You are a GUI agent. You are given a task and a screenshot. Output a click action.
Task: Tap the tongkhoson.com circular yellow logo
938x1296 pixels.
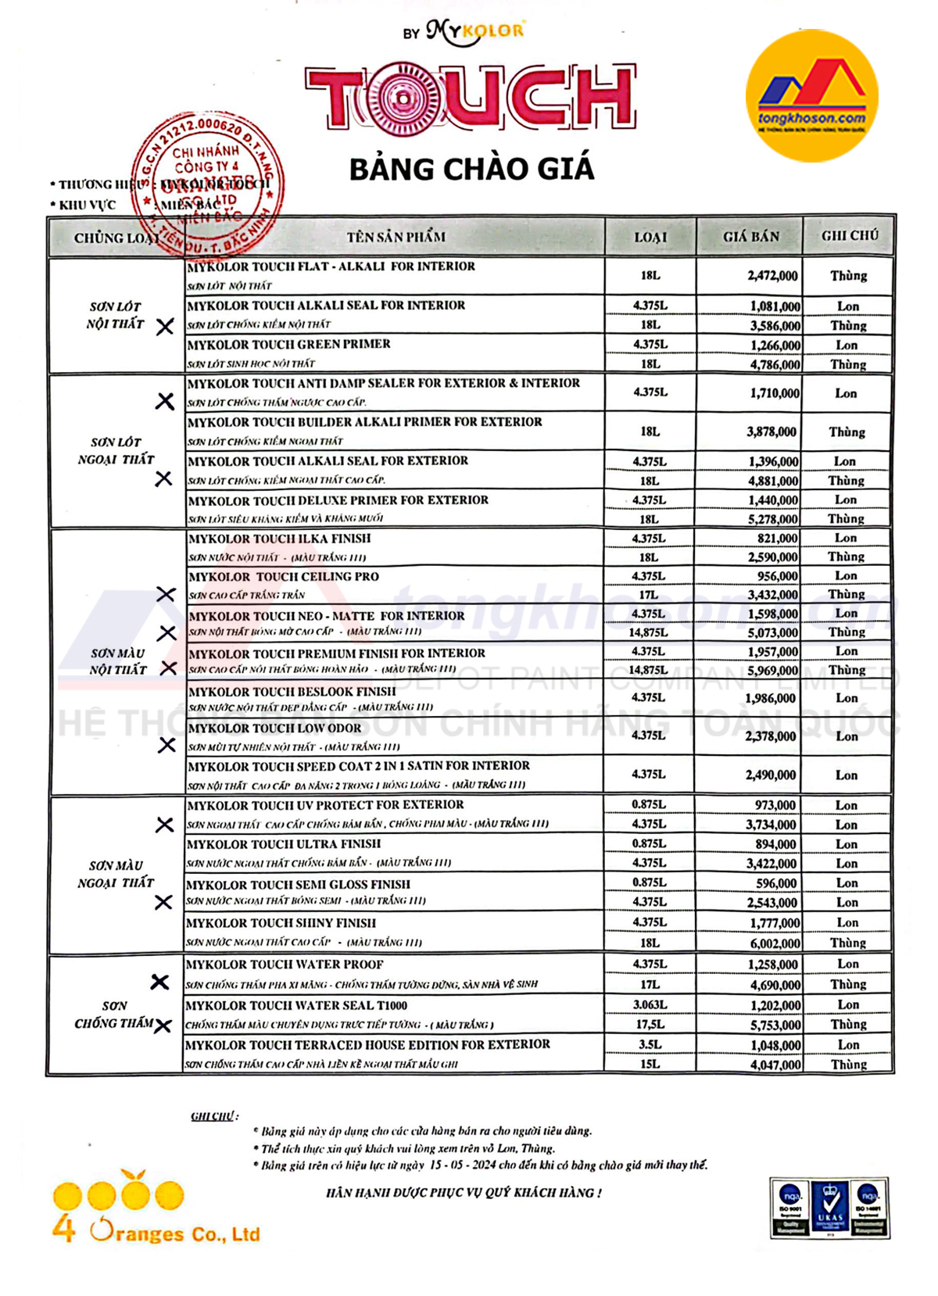811,97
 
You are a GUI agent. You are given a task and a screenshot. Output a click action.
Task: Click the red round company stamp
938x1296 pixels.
206,184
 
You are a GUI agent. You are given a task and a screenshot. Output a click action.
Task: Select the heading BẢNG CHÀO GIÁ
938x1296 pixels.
471,170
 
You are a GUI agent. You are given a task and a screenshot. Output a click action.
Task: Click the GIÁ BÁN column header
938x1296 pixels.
750,236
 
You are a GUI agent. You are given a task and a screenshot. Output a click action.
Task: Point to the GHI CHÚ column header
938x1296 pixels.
850,235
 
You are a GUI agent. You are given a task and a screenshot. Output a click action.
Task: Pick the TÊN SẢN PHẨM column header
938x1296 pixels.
396,236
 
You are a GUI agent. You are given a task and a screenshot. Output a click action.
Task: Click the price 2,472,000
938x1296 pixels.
772,276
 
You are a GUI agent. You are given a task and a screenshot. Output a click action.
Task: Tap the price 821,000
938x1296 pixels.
777,539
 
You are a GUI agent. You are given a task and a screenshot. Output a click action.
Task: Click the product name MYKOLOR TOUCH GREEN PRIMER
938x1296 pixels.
288,344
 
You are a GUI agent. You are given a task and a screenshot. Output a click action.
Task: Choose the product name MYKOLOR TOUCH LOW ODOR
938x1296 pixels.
274,729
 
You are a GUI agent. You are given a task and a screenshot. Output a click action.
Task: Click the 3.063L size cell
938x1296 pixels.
650,1004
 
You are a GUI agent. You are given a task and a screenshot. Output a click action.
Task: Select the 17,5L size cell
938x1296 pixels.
650,1024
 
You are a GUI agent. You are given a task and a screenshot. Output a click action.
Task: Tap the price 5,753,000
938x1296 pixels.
775,1025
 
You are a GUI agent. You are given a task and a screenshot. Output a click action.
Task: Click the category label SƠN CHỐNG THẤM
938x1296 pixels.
115,1015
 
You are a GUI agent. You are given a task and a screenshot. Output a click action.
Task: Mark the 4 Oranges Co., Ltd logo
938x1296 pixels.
155,1208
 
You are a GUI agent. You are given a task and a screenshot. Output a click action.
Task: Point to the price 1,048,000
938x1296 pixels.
775,1045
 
